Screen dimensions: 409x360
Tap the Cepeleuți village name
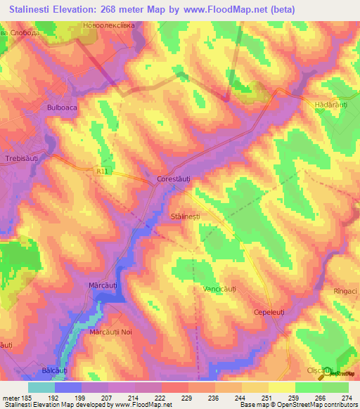pos(269,311)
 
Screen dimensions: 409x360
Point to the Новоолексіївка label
pos(108,26)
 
